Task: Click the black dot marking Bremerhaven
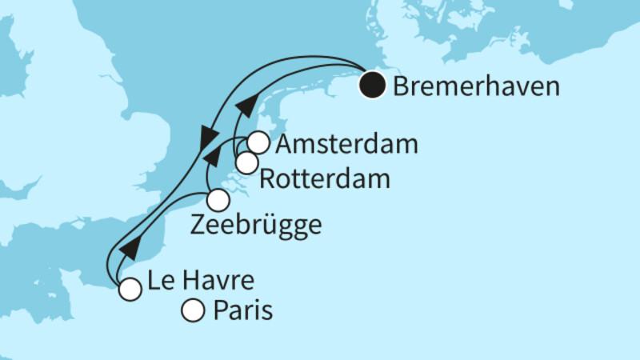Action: (x=371, y=85)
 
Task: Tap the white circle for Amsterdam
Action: (x=258, y=142)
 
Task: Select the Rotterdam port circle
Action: (x=246, y=162)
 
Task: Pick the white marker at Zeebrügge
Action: (x=218, y=200)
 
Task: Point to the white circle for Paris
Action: (x=194, y=310)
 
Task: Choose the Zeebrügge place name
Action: (x=256, y=226)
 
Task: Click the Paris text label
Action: (x=243, y=310)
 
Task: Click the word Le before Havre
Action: (x=158, y=282)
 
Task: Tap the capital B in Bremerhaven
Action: (x=402, y=86)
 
